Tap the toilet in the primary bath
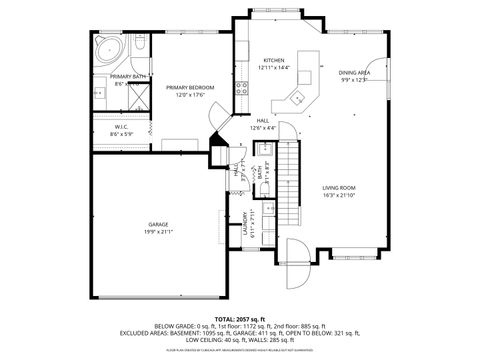coord(137,51)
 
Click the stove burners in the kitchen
coord(241,87)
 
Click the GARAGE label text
coord(158,225)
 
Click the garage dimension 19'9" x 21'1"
coord(158,232)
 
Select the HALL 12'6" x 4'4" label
coord(263,124)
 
